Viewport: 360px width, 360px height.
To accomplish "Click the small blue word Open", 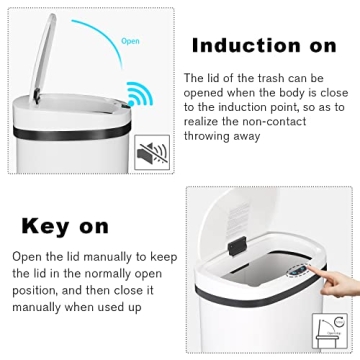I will tap(130, 42).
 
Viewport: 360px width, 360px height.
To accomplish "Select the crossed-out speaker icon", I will tap(151, 153).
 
